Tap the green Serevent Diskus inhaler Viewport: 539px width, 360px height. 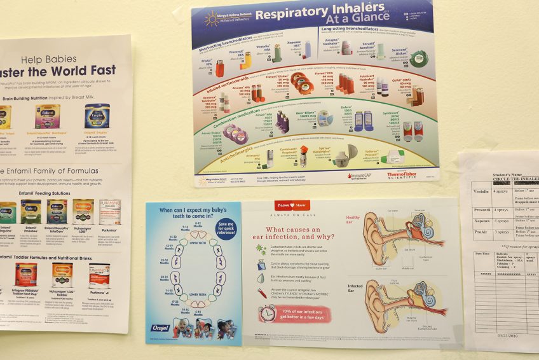click(x=419, y=59)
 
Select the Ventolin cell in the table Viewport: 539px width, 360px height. click(x=482, y=191)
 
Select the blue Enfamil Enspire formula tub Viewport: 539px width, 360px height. click(x=97, y=116)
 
